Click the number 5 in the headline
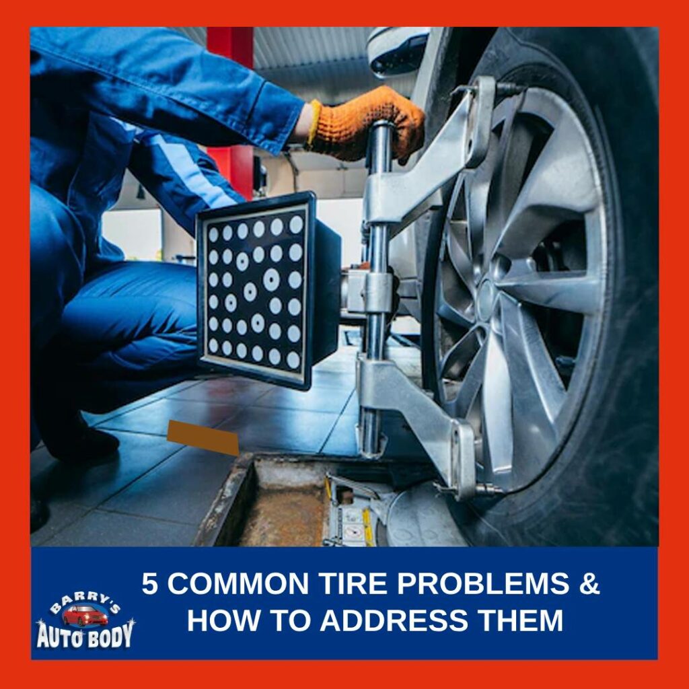pos(151,584)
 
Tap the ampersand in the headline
pos(589,584)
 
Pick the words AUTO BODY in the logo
pos(85,634)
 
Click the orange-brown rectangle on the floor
pos(203,437)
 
